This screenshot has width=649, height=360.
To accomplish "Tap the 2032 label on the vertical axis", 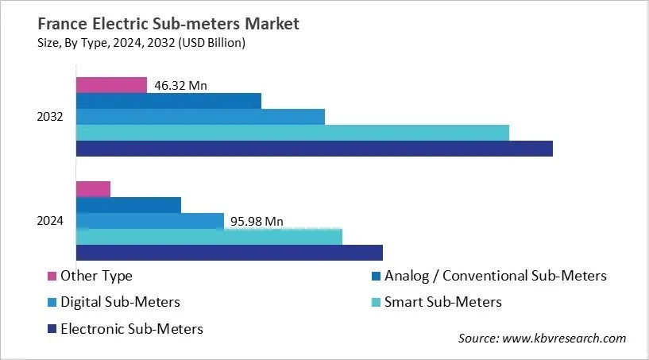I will pyautogui.click(x=50, y=117).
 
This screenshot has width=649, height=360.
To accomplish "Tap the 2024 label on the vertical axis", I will pyautogui.click(x=50, y=221).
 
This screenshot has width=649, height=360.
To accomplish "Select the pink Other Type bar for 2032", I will pyautogui.click(x=111, y=85).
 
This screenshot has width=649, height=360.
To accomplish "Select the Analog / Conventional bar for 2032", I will pyautogui.click(x=168, y=101).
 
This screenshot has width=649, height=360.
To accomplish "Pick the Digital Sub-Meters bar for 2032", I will pyautogui.click(x=200, y=117).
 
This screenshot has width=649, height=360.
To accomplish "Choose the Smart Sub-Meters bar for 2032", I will pyautogui.click(x=292, y=133).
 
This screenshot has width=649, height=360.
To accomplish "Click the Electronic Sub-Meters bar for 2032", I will pyautogui.click(x=314, y=149).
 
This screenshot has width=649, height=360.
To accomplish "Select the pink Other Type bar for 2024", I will pyautogui.click(x=93, y=189).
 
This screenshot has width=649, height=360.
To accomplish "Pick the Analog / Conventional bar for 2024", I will pyautogui.click(x=129, y=205).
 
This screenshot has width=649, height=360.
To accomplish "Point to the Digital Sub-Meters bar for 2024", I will pyautogui.click(x=150, y=221).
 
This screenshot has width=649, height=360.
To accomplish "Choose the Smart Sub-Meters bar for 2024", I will pyautogui.click(x=209, y=237).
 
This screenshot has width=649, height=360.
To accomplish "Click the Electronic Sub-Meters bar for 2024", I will pyautogui.click(x=230, y=253).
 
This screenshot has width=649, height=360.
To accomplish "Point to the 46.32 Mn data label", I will pyautogui.click(x=180, y=85).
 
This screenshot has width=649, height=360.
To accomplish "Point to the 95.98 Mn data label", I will pyautogui.click(x=257, y=221).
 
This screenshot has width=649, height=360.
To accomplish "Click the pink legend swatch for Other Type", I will pyautogui.click(x=52, y=277).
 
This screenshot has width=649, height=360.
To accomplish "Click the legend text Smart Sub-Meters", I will pyautogui.click(x=443, y=302).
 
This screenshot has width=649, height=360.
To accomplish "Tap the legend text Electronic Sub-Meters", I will pyautogui.click(x=131, y=328).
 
